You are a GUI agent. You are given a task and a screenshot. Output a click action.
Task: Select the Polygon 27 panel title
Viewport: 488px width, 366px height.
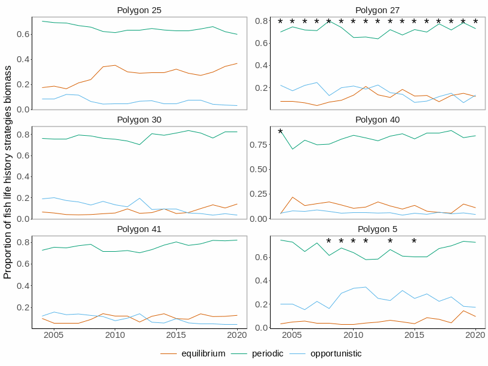[377, 10]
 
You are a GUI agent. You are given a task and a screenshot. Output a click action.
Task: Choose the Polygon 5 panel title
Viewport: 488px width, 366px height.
[377, 228]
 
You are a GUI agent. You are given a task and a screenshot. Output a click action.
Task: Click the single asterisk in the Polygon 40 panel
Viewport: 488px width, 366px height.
[280, 132]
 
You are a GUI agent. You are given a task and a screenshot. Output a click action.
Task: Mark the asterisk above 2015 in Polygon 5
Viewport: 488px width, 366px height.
[414, 242]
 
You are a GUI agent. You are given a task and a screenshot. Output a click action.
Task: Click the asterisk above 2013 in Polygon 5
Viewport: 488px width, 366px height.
[389, 242]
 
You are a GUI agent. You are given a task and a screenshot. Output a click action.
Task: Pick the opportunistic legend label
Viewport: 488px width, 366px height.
[336, 353]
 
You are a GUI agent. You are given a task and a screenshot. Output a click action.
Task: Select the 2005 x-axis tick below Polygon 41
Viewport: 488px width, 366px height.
[54, 334]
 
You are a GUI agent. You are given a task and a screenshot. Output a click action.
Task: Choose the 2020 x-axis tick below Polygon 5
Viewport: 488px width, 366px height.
[475, 334]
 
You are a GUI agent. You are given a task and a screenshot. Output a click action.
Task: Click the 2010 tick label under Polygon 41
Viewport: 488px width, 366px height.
[115, 334]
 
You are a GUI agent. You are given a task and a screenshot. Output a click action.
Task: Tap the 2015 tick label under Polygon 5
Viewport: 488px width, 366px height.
[414, 334]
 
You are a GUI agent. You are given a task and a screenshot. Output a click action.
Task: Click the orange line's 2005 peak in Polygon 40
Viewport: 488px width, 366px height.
[292, 197]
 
